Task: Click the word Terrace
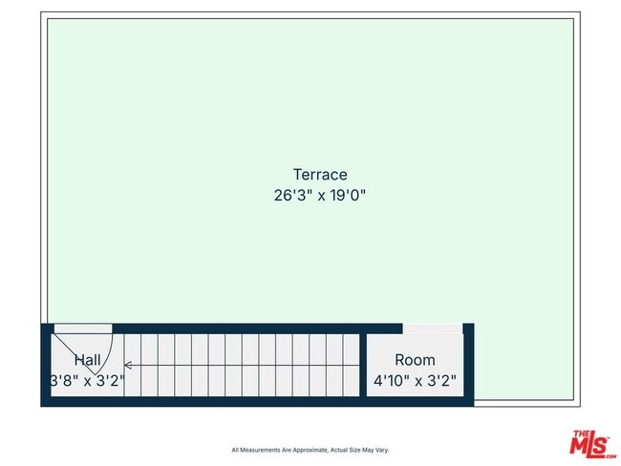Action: click(x=319, y=175)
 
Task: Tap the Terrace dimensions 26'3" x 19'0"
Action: click(x=319, y=195)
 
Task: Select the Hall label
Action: click(x=88, y=360)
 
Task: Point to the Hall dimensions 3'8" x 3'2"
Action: click(x=88, y=380)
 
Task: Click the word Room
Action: click(x=415, y=360)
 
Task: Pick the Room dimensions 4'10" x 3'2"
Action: click(x=415, y=380)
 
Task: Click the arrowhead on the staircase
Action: click(x=128, y=365)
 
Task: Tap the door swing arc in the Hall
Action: click(x=107, y=353)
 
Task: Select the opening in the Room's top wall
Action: click(x=432, y=328)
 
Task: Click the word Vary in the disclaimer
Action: click(x=380, y=450)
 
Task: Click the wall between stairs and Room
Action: click(x=363, y=367)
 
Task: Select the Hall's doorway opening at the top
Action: click(x=82, y=328)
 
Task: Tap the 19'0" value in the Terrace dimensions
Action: click(x=348, y=195)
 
